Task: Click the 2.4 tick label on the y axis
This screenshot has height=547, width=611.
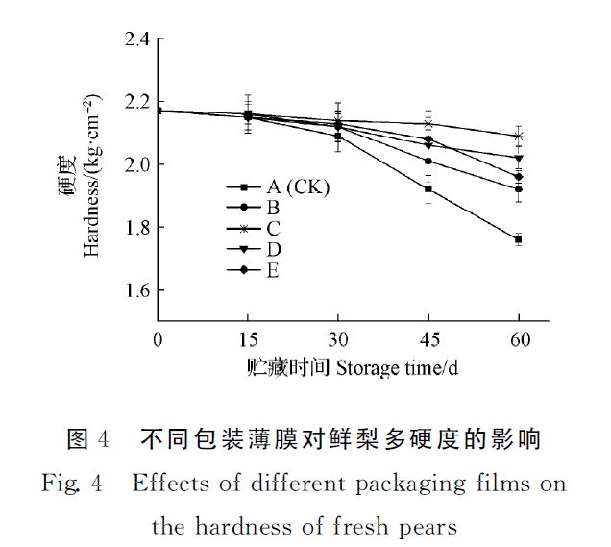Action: pos(136,39)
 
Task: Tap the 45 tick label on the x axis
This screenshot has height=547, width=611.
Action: pos(428,340)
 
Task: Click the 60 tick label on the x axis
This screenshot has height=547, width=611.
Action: pos(519,340)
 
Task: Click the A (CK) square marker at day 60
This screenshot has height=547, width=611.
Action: pos(519,239)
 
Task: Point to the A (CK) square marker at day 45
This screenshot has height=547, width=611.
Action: pos(428,189)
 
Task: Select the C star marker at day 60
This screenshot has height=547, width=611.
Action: pos(519,137)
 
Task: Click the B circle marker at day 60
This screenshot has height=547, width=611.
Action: pos(519,189)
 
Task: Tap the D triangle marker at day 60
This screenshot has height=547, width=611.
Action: pos(519,158)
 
